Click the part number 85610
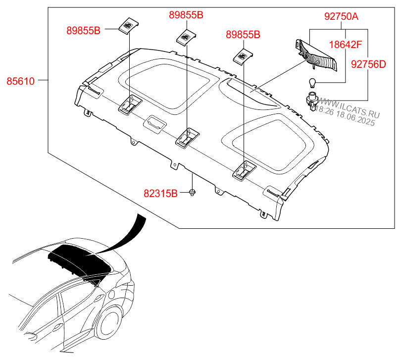pos(20,81)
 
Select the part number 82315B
pos(160,193)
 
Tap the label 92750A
pos(341,16)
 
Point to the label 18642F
pos(346,45)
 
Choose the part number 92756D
pos(368,64)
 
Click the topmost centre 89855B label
pos(186,15)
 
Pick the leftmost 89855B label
pos(83,31)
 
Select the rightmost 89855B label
pos(243,35)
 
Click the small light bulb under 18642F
pos(312,83)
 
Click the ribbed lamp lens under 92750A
pos(317,55)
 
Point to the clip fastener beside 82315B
pos(192,192)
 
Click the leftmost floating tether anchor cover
pos(129,25)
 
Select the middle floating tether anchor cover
pos(186,37)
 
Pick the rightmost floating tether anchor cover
pos(243,56)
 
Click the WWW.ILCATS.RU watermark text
pos(349,107)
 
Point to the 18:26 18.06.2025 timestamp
pos(345,116)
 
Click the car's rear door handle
pos(99,298)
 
